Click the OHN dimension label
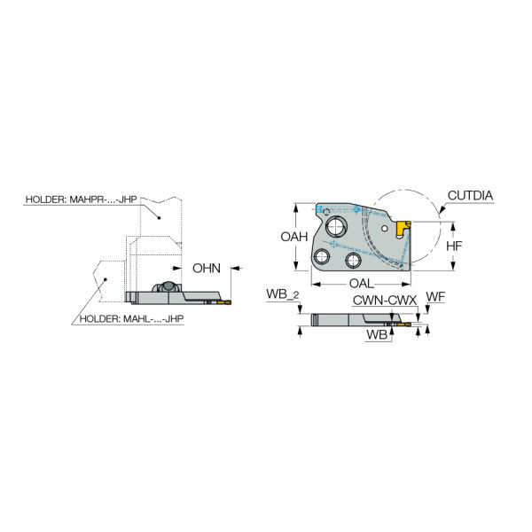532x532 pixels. tap(207, 269)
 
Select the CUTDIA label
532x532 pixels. tap(470, 195)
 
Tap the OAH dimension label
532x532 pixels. tap(293, 237)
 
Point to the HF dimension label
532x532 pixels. tap(454, 246)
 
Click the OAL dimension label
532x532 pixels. tap(362, 284)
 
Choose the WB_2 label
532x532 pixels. tap(283, 294)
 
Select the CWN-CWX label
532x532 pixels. tap(385, 301)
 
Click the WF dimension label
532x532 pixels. tap(435, 297)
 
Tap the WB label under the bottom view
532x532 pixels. tap(377, 334)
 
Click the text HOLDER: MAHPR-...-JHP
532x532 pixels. tap(82, 199)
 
